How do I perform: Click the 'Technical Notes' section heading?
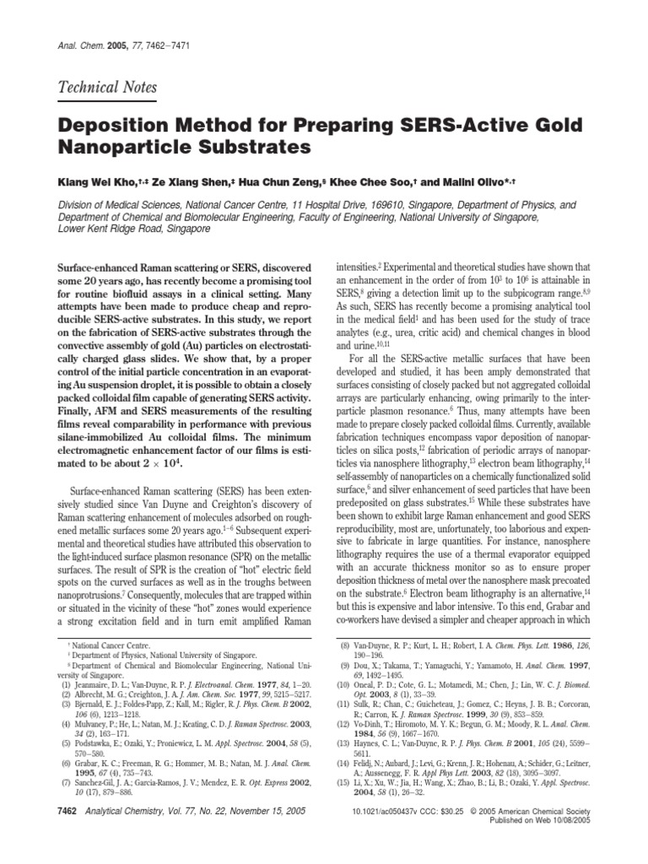click(x=105, y=88)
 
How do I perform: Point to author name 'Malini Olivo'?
click(x=480, y=181)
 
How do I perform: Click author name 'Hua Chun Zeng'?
click(x=290, y=181)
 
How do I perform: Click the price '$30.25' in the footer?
click(x=473, y=834)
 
